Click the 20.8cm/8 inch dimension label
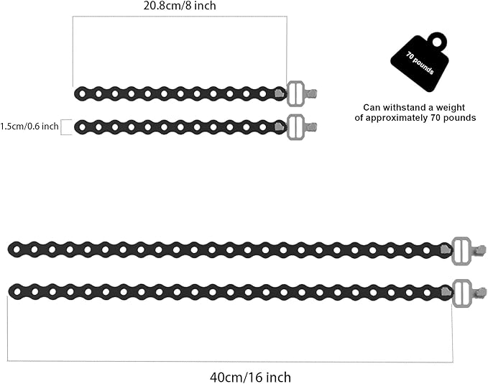pos(180,6)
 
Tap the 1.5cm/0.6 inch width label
pos(29,127)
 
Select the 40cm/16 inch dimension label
pos(251,378)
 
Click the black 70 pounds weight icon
pos(420,62)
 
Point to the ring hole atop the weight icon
pos(438,42)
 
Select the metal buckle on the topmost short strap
pos(295,93)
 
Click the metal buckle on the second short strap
pos(295,127)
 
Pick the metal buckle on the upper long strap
pos(461,251)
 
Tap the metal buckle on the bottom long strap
pos(462,293)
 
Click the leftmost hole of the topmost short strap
pos(82,93)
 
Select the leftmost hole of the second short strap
pos(82,127)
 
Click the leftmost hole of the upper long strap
pos(17,249)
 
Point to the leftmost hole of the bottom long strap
pos(17,292)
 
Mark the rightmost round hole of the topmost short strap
pos(262,93)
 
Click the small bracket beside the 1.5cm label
pos(66,127)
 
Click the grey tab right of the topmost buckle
pos(311,93)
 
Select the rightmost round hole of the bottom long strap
pos(427,293)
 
